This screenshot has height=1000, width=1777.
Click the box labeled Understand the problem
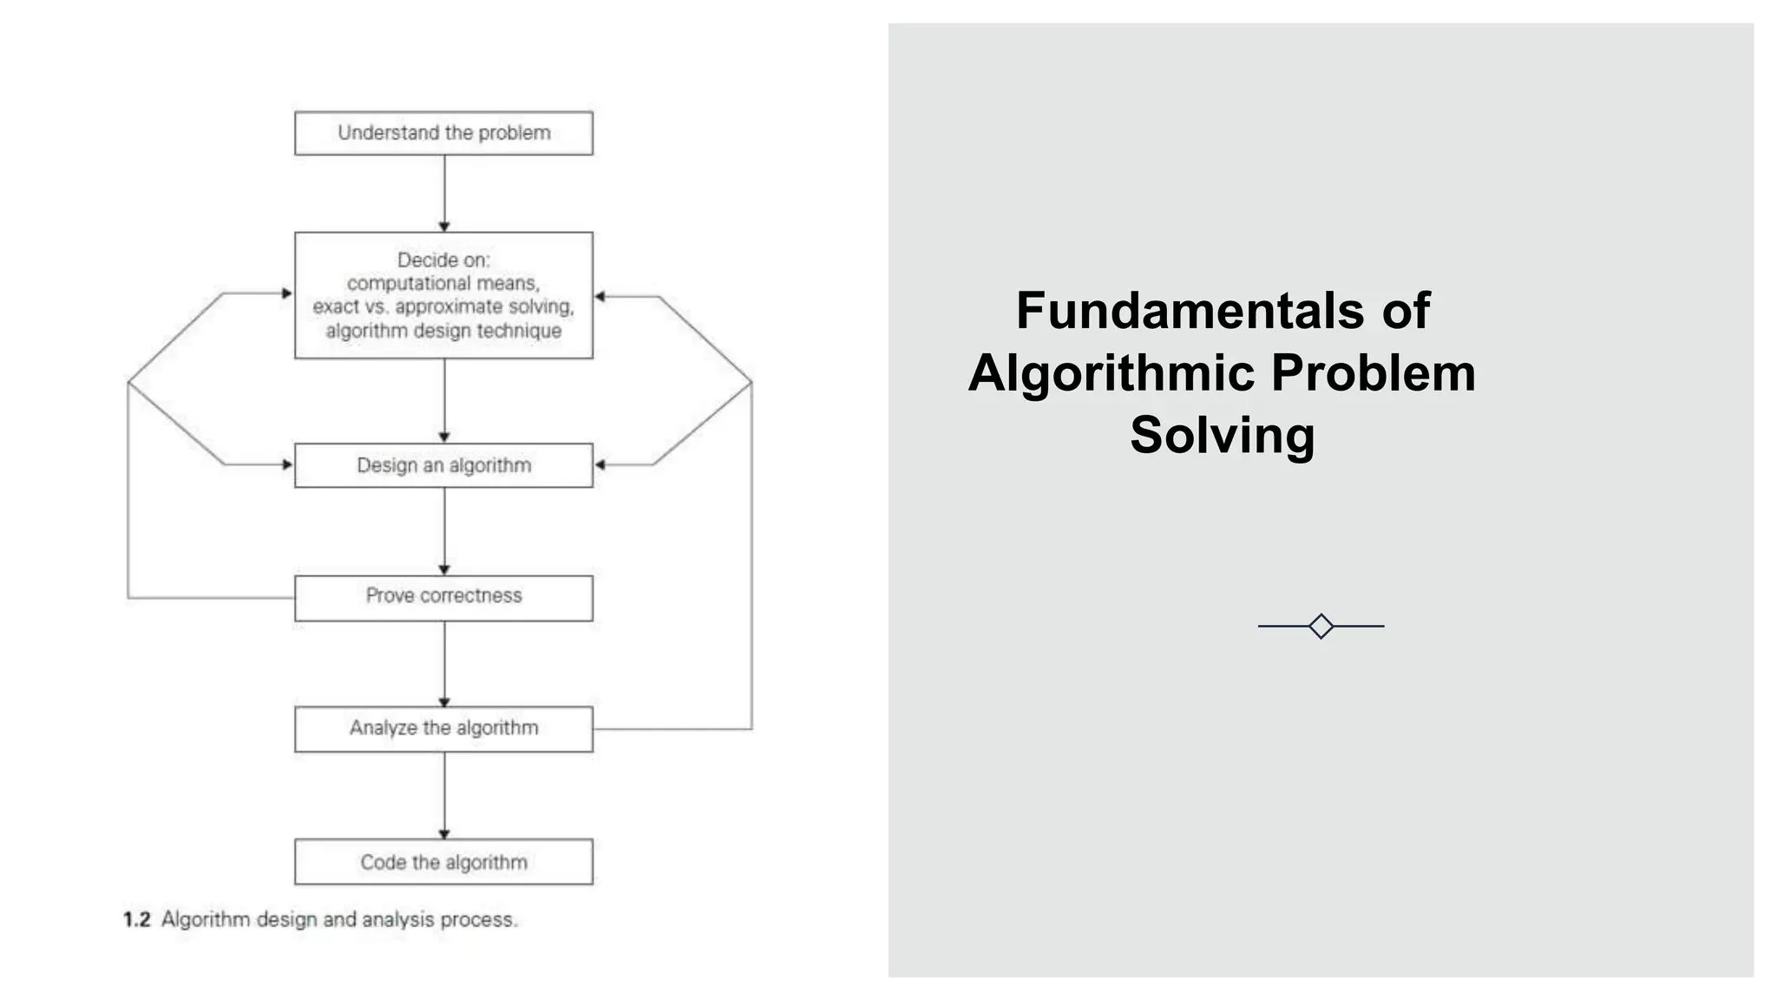(443, 133)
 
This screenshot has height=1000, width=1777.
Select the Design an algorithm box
(443, 465)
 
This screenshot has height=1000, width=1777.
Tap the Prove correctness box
(443, 596)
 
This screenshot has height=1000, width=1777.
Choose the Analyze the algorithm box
(443, 728)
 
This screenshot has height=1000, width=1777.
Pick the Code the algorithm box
(443, 862)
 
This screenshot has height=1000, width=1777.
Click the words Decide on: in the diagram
(443, 260)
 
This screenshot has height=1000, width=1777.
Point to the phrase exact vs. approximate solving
(443, 306)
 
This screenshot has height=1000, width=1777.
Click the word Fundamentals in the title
(1190, 310)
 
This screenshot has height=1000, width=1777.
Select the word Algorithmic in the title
(1111, 372)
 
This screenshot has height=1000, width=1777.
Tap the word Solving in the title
(1222, 434)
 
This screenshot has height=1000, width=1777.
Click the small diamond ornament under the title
(1321, 626)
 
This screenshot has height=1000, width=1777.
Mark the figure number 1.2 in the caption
(137, 919)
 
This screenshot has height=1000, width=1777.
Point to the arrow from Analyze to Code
(444, 795)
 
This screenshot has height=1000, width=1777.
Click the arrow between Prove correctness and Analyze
(444, 663)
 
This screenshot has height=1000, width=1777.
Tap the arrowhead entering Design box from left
(287, 464)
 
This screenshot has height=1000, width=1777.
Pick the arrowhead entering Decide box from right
(600, 297)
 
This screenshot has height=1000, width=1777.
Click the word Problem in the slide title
(1373, 372)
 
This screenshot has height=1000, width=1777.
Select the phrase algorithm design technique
(443, 331)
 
